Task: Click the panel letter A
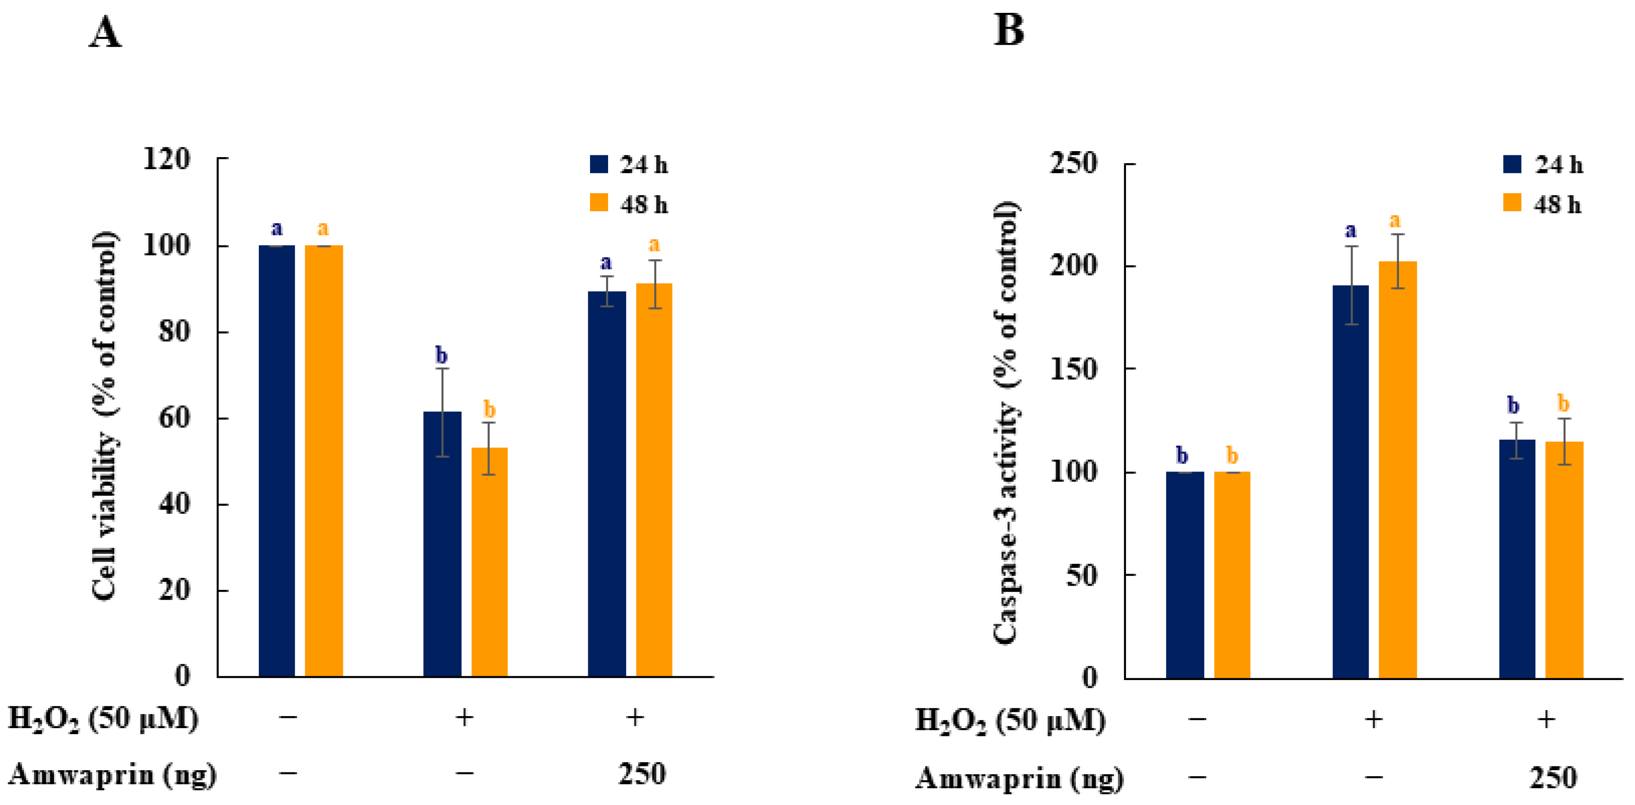[x=105, y=32]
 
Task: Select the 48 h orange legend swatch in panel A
[x=599, y=203]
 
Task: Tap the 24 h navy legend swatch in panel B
[x=1512, y=164]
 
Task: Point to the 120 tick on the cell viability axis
[x=167, y=159]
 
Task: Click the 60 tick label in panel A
[x=174, y=418]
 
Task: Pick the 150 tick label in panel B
[x=1073, y=369]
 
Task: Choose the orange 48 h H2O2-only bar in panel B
[x=1397, y=470]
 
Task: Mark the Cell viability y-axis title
[x=105, y=416]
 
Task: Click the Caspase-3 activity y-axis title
[x=1006, y=422]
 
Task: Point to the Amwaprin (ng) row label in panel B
[x=1019, y=778]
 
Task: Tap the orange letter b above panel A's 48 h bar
[x=489, y=408]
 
